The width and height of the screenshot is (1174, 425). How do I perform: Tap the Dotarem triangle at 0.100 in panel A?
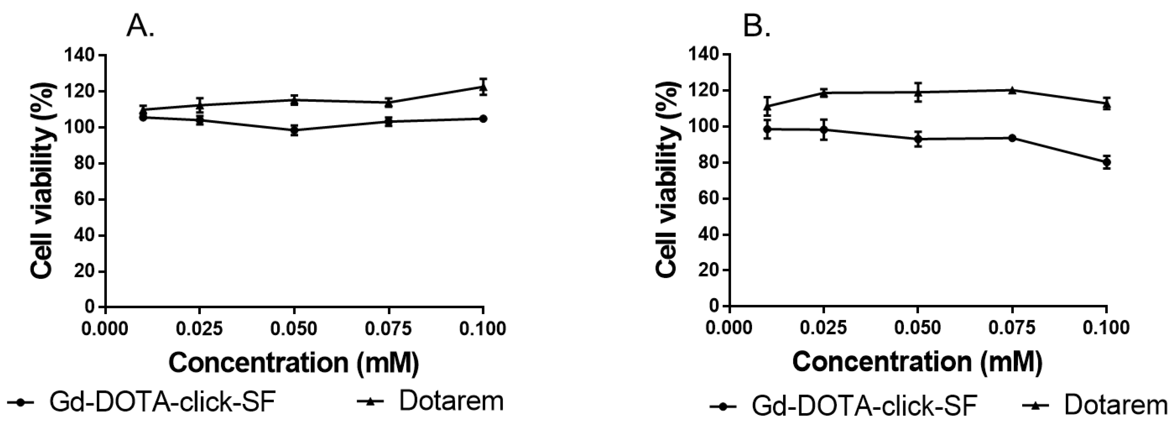[483, 87]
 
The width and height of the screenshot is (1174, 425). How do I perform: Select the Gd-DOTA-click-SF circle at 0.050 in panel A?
[294, 130]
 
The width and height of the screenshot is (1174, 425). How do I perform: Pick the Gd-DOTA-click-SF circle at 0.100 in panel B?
[1107, 162]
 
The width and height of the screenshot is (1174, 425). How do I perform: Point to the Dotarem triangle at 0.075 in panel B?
[1012, 90]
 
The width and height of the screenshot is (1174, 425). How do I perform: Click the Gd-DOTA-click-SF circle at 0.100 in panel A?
[483, 119]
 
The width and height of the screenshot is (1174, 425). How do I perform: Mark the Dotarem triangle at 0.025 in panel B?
[824, 93]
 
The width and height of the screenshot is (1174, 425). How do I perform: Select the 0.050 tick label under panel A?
[294, 328]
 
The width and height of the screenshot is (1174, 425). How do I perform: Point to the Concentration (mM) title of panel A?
[294, 363]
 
